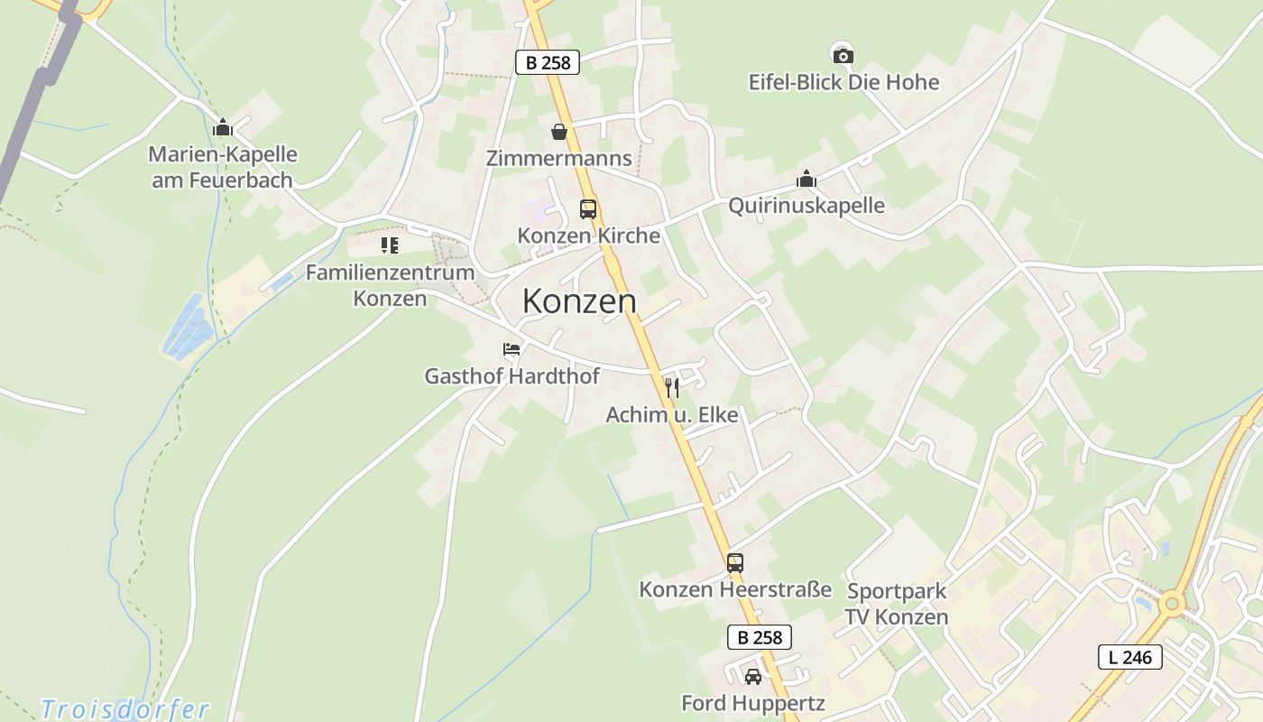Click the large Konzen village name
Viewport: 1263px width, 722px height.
coord(579,301)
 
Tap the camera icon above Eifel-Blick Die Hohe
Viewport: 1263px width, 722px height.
coord(843,56)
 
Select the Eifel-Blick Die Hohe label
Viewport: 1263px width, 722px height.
coord(844,82)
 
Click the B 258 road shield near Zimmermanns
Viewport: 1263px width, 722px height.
coord(547,62)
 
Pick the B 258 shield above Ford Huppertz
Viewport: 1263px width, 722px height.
coord(759,637)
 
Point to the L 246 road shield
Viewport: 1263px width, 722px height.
coord(1129,657)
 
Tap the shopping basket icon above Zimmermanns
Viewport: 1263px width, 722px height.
coord(559,132)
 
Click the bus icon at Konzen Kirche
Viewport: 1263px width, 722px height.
coord(588,209)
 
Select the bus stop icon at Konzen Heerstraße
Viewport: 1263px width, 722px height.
coord(735,563)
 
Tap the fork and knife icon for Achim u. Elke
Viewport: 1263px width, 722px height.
coord(671,387)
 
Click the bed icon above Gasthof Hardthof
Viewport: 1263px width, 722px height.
coord(512,349)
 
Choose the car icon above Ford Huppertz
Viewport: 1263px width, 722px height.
coord(752,676)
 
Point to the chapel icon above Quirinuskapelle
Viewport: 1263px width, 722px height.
coord(806,180)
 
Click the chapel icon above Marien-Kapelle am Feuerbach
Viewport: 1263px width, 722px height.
coord(223,127)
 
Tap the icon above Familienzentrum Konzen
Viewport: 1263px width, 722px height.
coord(390,245)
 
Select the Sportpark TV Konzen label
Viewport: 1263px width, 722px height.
coord(897,605)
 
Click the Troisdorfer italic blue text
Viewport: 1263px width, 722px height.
coord(125,709)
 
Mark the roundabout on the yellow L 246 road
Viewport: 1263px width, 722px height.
coord(1171,603)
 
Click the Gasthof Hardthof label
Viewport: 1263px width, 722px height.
coord(512,376)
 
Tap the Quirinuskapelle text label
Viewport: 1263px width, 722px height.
coord(807,206)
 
